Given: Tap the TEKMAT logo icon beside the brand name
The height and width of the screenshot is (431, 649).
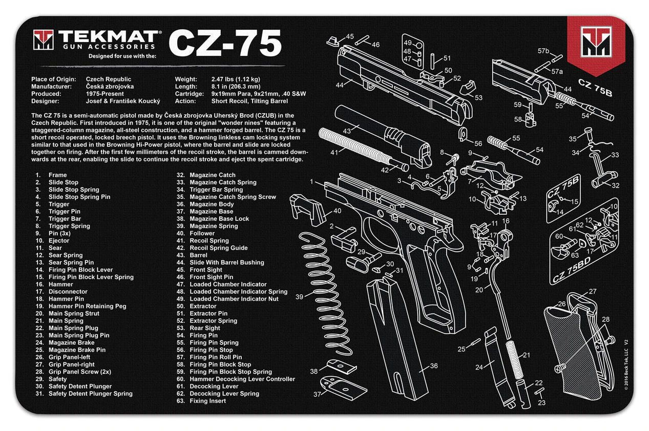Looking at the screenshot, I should (x=44, y=40).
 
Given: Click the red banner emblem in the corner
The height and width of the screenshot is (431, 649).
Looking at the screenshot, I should (x=596, y=43).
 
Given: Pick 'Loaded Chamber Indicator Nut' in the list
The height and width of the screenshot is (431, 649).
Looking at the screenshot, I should (x=235, y=299).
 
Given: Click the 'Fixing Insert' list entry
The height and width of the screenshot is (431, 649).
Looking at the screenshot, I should (x=207, y=401).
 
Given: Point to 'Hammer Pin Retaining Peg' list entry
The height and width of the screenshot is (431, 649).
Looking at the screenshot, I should (x=87, y=306).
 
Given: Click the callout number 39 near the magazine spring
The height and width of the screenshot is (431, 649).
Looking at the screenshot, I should (x=300, y=297).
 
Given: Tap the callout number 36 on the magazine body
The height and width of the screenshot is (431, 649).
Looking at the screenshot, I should (x=433, y=366).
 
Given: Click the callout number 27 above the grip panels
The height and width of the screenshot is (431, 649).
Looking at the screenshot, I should (x=593, y=292).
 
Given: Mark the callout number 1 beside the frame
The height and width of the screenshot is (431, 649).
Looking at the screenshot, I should (x=311, y=181).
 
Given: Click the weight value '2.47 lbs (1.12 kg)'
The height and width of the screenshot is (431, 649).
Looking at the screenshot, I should (x=235, y=79).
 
